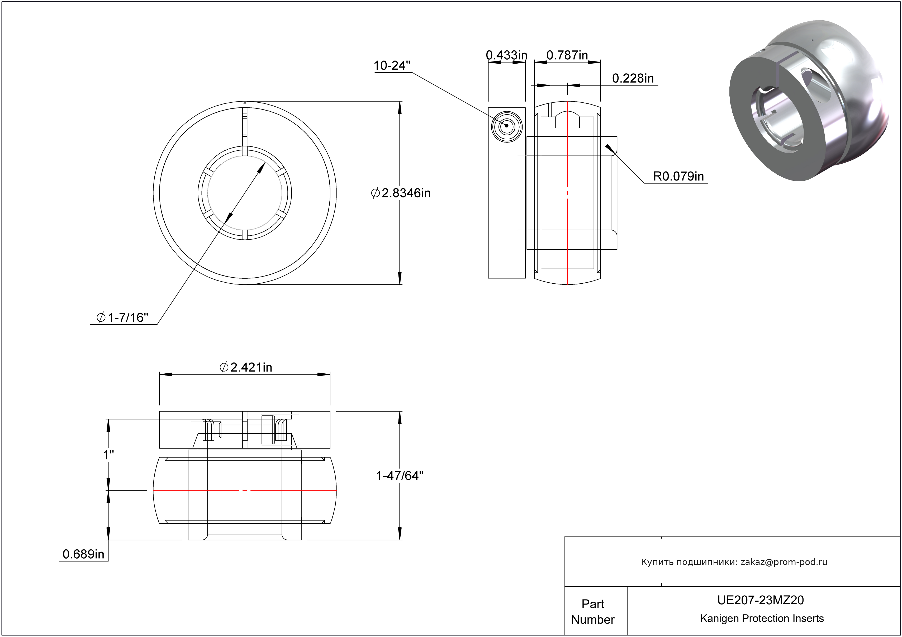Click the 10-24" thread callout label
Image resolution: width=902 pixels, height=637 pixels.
coord(392,66)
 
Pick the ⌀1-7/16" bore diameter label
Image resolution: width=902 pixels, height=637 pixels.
coord(122,317)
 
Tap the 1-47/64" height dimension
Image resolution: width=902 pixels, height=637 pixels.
coord(400,476)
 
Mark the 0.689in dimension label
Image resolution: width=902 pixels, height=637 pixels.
coord(83,554)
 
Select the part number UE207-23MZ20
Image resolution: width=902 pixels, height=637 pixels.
coord(760,600)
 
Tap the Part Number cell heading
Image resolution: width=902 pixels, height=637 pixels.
coord(592,611)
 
